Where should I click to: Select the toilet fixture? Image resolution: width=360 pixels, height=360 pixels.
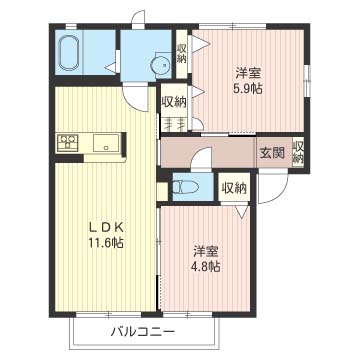click(185, 185)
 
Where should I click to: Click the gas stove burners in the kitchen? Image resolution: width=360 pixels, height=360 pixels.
click(68, 143)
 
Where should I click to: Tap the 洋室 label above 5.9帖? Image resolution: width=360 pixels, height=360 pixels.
click(249, 72)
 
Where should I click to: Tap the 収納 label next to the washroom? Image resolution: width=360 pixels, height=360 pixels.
click(181, 54)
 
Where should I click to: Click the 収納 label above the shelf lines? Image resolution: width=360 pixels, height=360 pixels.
click(173, 102)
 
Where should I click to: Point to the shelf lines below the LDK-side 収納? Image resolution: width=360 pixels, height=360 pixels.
click(173, 125)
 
